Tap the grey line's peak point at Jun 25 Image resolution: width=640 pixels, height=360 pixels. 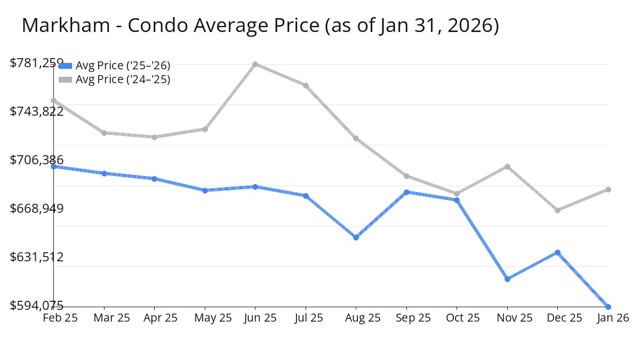pos(255,64)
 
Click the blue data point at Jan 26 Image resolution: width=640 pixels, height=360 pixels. pos(608,307)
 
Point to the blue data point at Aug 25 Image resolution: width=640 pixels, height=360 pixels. pos(356,237)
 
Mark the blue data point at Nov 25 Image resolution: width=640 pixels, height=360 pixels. pos(507,279)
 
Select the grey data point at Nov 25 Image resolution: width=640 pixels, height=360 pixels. pos(507,166)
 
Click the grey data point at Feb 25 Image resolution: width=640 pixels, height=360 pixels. pos(54,100)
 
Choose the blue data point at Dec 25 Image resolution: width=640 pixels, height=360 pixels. pos(557,252)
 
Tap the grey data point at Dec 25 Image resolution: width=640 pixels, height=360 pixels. pos(557,210)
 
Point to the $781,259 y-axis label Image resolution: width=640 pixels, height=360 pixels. pos(37,63)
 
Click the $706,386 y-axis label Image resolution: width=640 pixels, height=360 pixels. pos(37,160)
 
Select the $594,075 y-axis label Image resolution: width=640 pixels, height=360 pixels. pos(37,306)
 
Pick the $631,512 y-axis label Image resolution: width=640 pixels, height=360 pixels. pos(37,257)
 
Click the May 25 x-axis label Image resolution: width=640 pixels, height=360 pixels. pos(205,318)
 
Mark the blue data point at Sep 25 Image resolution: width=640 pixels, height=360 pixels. pos(406,192)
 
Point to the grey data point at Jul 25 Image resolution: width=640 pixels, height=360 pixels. pos(306,85)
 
